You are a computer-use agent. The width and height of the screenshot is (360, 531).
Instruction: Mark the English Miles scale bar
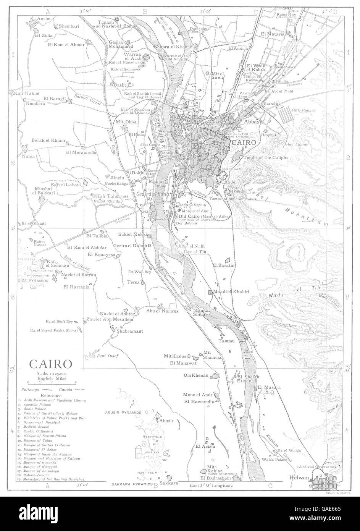(52, 382)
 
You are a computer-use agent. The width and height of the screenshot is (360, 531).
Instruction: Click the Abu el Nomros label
(162, 311)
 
